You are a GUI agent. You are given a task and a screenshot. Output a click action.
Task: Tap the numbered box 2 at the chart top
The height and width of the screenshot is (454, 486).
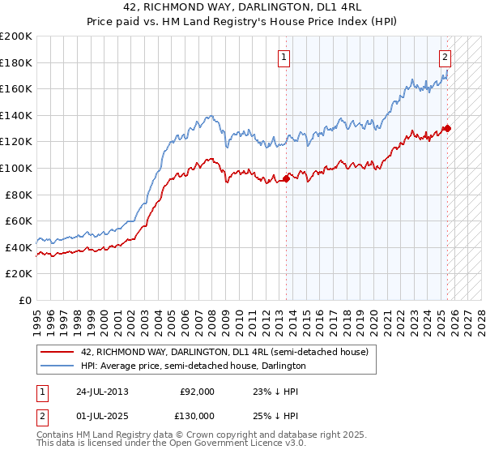[x=446, y=57]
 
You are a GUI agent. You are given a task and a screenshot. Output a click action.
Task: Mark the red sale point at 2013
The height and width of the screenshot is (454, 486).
[x=286, y=178]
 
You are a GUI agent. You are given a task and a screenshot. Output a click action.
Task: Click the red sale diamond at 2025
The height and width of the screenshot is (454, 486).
[x=446, y=128]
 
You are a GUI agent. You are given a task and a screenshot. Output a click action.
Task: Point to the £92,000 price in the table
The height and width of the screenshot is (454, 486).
[x=198, y=392]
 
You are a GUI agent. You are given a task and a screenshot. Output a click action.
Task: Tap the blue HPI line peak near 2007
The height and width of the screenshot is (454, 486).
[x=210, y=116]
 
